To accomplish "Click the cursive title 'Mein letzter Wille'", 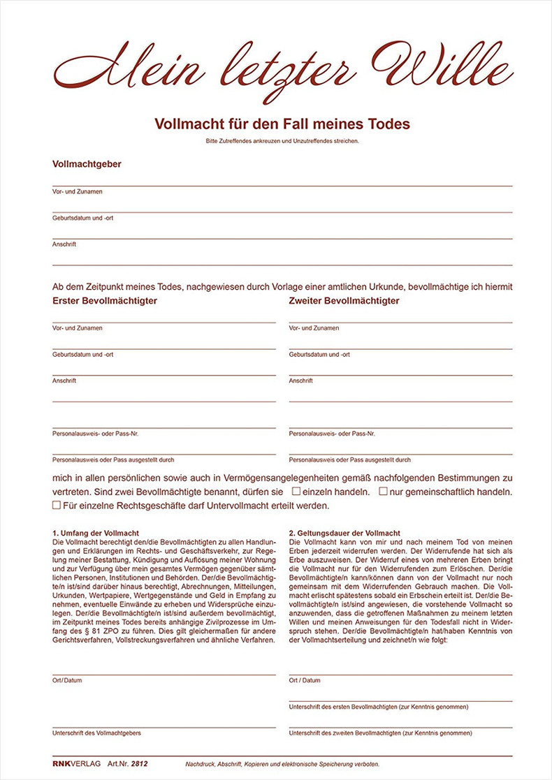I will pos(283,64).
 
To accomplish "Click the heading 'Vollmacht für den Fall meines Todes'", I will pos(282,124).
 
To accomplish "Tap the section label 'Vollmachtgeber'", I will pos(87,164).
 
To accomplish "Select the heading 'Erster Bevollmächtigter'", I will pos(104,301).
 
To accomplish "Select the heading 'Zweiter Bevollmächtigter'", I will pos(344,301).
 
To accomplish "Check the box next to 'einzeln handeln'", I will pos(296,492).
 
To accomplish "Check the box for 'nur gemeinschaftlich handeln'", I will pos(383,492).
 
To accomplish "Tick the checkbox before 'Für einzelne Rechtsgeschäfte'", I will pos(57,505).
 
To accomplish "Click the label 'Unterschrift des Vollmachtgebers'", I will pos(96,733).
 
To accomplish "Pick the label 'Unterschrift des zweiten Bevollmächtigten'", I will pos(380,733).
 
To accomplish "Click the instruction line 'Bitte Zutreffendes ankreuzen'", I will pos(282,141).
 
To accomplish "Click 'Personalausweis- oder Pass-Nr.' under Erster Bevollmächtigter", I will pos(95,434).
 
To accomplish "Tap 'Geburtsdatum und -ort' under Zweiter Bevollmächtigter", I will pos(319,355).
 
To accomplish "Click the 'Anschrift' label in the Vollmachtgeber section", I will pos(64,244).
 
